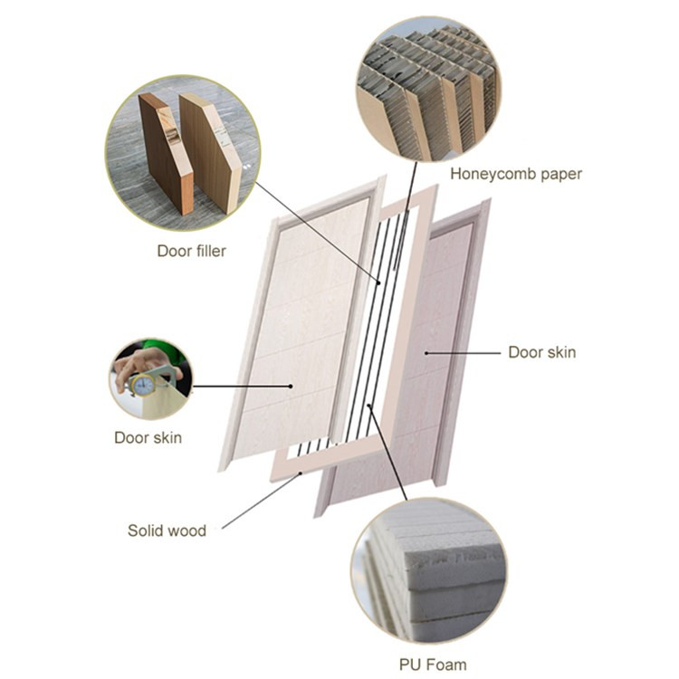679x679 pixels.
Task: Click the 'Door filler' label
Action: coord(191,251)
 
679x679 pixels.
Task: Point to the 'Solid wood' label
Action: coord(167,531)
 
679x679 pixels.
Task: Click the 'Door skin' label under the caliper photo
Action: coord(148,438)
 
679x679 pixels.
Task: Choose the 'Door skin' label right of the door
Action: coord(541,351)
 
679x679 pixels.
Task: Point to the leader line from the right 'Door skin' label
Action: coord(462,351)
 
